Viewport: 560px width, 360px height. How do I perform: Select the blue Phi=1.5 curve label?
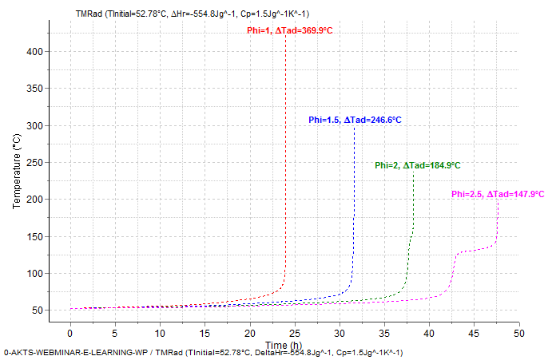[355, 120]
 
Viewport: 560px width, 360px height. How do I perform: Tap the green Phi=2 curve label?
[417, 165]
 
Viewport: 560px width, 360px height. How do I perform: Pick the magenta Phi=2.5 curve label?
[497, 194]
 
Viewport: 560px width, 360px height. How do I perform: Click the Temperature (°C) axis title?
[17, 172]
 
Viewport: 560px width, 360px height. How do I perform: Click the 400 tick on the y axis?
[34, 52]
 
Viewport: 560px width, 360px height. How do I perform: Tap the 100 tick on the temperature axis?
[34, 274]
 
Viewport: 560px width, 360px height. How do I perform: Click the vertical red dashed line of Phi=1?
[286, 160]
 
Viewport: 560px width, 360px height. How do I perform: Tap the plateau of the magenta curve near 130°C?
[477, 251]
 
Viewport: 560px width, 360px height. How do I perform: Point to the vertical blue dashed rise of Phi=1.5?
[354, 200]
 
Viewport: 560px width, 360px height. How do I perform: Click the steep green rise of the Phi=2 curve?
[413, 208]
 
